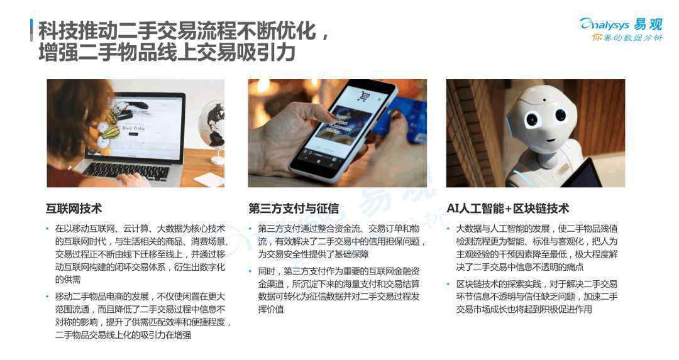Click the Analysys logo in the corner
621,25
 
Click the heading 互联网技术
74,209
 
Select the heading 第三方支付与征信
294,209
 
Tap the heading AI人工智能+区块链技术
507,209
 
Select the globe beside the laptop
213,126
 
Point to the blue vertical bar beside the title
31,30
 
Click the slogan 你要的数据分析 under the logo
627,38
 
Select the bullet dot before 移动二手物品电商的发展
48,297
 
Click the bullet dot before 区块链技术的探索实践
449,284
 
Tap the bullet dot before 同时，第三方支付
250,272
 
